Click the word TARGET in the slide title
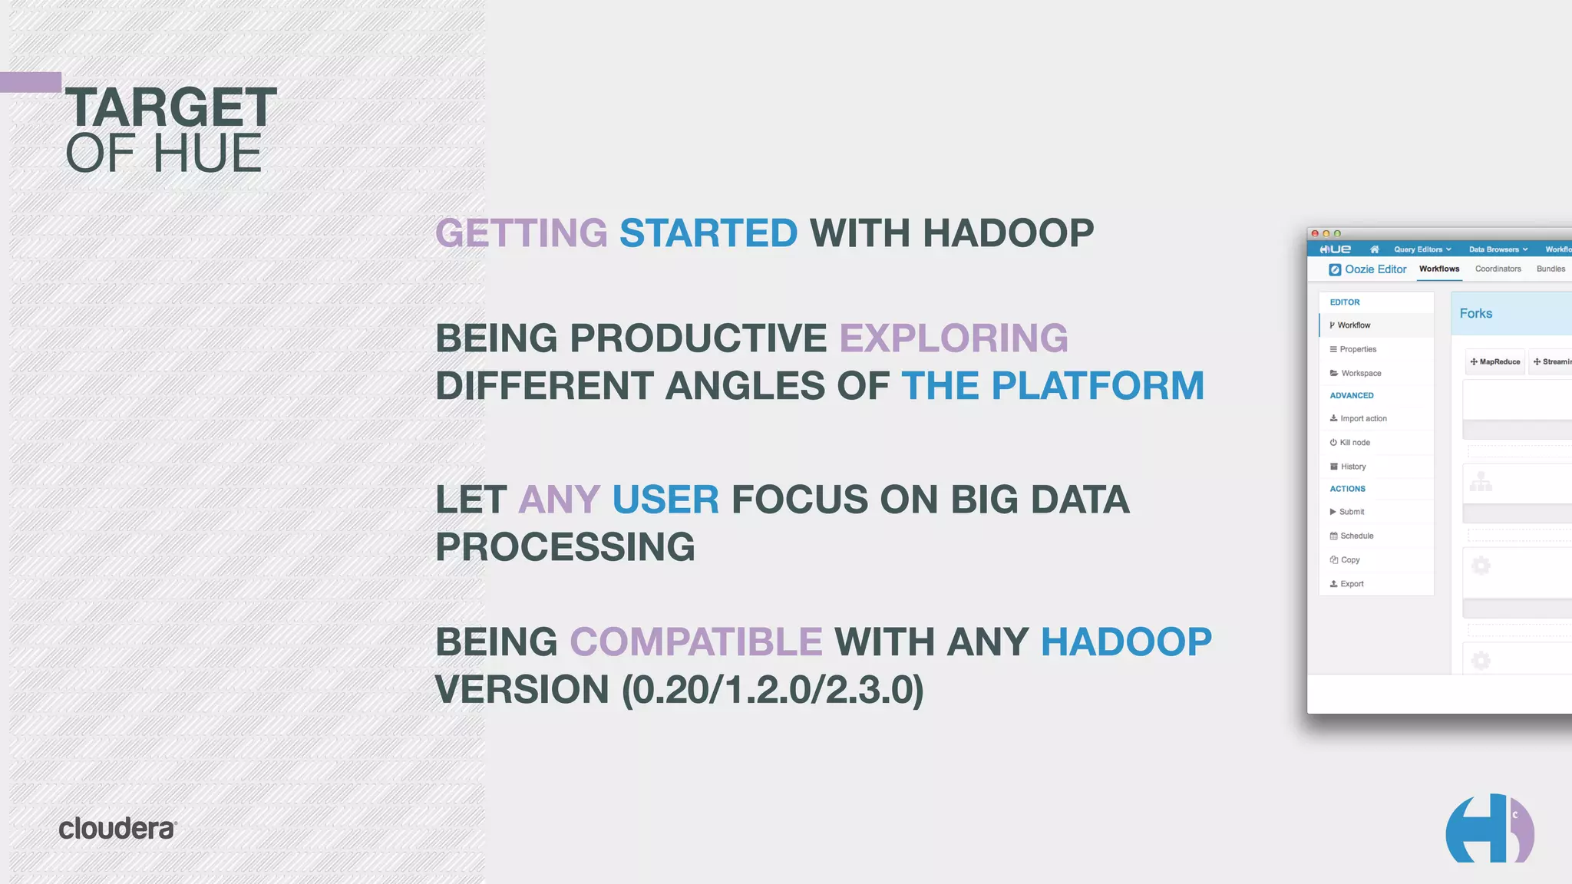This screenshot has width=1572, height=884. tap(170, 107)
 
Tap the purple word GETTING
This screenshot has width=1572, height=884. tap(521, 233)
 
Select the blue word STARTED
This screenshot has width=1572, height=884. tap(708, 233)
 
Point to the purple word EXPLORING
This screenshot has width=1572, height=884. tap(953, 338)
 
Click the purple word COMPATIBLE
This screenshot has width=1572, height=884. tap(695, 642)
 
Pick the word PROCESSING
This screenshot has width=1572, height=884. tap(565, 547)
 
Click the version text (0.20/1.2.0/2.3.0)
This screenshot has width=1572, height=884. tap(772, 690)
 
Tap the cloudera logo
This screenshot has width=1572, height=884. tap(117, 829)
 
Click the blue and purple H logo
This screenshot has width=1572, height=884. tap(1488, 830)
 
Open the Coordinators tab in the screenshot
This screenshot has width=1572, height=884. tap(1498, 269)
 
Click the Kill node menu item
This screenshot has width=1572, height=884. tap(1354, 443)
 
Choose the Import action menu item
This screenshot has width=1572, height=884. tap(1362, 419)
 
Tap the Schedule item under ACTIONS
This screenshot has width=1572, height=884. tap(1356, 536)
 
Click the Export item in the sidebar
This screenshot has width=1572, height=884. tap(1351, 584)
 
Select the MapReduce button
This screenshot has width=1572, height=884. tap(1494, 361)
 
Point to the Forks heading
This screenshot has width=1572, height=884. tap(1475, 314)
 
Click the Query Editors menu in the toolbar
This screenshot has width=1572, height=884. tap(1422, 249)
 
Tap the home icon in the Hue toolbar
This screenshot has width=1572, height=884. tap(1374, 249)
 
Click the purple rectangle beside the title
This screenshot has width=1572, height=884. tap(30, 82)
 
